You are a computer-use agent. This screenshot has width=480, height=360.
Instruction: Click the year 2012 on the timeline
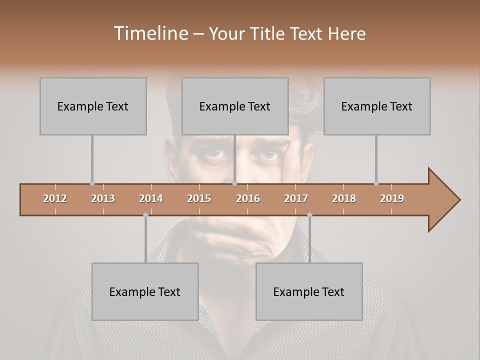pyautogui.click(x=55, y=198)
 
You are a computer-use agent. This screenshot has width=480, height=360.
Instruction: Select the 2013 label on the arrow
pyautogui.click(x=103, y=198)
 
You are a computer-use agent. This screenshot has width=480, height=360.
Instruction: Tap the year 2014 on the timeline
pyautogui.click(x=151, y=198)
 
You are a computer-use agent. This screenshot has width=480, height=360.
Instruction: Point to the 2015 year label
pyautogui.click(x=199, y=198)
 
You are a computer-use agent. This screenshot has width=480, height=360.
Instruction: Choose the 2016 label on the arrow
pyautogui.click(x=248, y=198)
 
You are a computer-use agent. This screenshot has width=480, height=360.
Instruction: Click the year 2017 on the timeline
pyautogui.click(x=296, y=198)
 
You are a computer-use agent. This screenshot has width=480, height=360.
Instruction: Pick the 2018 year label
pyautogui.click(x=344, y=198)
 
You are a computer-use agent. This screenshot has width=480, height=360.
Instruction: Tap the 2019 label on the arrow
pyautogui.click(x=392, y=198)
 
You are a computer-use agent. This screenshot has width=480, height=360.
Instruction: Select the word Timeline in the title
pyautogui.click(x=150, y=33)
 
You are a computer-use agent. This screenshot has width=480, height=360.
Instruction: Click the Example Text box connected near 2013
pyautogui.click(x=93, y=106)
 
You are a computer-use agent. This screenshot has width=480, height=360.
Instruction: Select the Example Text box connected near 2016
pyautogui.click(x=235, y=106)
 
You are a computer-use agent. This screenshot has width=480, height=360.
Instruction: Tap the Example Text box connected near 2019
pyautogui.click(x=377, y=106)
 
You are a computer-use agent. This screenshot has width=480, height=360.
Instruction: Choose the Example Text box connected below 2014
pyautogui.click(x=145, y=291)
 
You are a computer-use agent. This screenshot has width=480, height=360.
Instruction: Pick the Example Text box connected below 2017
pyautogui.click(x=309, y=291)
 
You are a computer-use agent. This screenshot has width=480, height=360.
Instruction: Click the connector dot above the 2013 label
pyautogui.click(x=92, y=183)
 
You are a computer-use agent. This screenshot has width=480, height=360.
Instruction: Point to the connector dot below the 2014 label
pyautogui.click(x=145, y=215)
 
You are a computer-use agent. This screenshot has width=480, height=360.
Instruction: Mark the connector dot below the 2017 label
pyautogui.click(x=309, y=215)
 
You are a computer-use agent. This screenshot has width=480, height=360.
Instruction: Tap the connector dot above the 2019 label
pyautogui.click(x=376, y=183)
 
